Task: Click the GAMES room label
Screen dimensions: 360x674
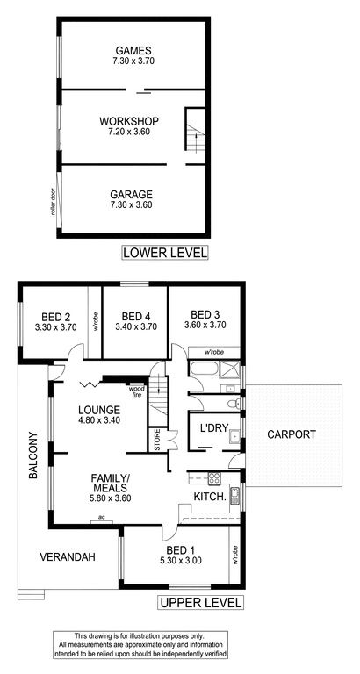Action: click(x=133, y=50)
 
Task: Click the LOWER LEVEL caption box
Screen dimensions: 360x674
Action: click(x=165, y=253)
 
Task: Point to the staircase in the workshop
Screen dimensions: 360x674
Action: click(x=195, y=129)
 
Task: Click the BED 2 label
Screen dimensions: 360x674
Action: click(x=55, y=317)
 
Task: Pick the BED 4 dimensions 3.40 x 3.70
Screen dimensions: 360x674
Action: click(x=135, y=326)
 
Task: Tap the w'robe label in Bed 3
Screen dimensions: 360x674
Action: click(x=213, y=353)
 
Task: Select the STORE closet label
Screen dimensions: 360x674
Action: click(x=157, y=440)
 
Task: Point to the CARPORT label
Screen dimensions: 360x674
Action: click(x=292, y=434)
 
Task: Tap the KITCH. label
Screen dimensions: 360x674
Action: click(x=210, y=497)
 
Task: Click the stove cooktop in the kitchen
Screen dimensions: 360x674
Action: click(x=214, y=477)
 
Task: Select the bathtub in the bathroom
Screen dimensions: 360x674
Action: click(x=205, y=369)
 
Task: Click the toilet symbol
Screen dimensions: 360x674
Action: click(x=233, y=404)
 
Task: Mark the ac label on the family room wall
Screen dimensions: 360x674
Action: click(x=102, y=517)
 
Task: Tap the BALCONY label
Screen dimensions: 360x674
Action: click(x=34, y=455)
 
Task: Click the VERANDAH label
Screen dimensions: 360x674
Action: click(x=68, y=557)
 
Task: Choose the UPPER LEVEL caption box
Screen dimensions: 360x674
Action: click(x=201, y=602)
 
